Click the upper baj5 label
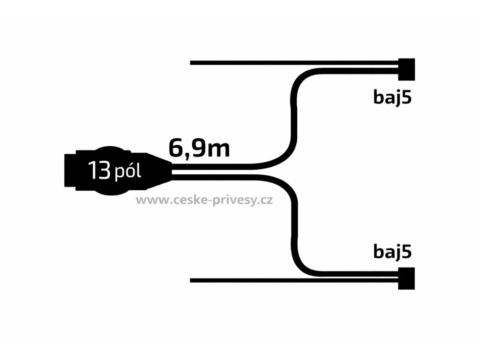pos(392,97)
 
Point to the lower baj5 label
pos(392,252)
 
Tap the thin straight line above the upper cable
pos(281,62)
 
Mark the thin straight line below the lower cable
pos(281,281)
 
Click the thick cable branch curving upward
pos(294,117)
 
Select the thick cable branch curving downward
pos(294,225)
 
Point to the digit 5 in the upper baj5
pos(407,97)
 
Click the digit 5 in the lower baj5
pos(407,252)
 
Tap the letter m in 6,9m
pos(219,150)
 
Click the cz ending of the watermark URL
pos(267,201)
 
